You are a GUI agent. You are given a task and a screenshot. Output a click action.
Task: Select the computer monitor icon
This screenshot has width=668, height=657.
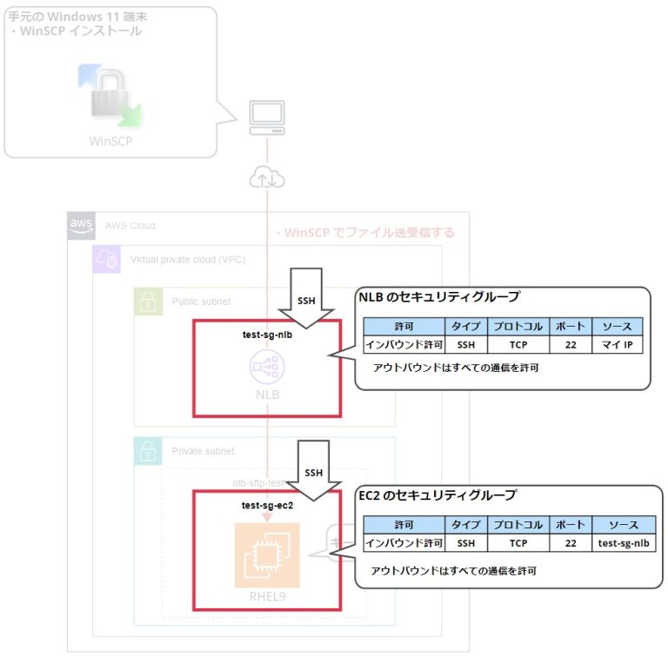pyautogui.click(x=266, y=117)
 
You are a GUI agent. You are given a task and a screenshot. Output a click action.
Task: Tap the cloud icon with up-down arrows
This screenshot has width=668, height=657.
pyautogui.click(x=266, y=178)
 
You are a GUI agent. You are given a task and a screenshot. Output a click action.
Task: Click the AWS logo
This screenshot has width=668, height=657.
pyautogui.click(x=81, y=225)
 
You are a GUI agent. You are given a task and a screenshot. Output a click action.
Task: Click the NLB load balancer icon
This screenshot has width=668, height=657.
pyautogui.click(x=267, y=368)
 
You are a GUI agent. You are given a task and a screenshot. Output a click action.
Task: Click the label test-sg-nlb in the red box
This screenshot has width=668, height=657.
pyautogui.click(x=267, y=334)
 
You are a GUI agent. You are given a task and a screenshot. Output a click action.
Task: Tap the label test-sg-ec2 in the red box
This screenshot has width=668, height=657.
pyautogui.click(x=267, y=505)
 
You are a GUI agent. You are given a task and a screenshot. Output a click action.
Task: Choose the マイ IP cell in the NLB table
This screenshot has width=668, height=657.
pyautogui.click(x=617, y=345)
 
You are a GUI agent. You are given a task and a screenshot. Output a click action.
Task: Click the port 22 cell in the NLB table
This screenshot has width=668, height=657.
pyautogui.click(x=570, y=345)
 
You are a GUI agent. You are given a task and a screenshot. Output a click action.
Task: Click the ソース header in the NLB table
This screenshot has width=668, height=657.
pyautogui.click(x=617, y=327)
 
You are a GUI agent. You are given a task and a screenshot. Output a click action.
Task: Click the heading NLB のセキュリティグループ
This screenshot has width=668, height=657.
pyautogui.click(x=439, y=297)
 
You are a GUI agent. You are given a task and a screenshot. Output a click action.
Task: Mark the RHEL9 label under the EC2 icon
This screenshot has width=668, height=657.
pyautogui.click(x=267, y=598)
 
